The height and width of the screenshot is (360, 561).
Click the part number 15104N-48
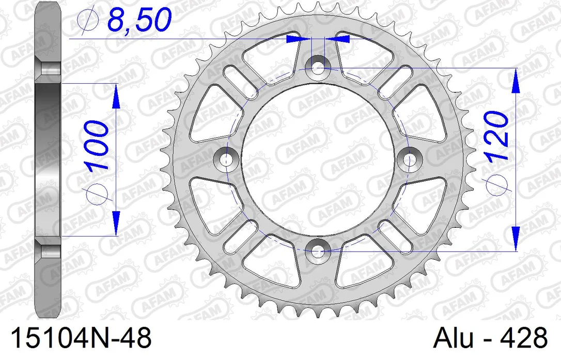pyautogui.click(x=82, y=337)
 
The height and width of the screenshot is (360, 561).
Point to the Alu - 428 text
pyautogui.click(x=491, y=337)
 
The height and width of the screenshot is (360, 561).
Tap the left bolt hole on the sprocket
pyautogui.click(x=225, y=160)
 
